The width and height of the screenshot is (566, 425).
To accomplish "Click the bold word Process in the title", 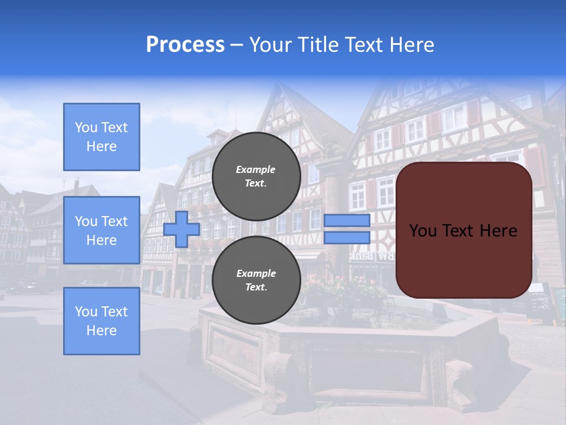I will [x=185, y=45].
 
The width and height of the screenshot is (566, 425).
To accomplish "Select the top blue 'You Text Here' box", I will [x=101, y=137].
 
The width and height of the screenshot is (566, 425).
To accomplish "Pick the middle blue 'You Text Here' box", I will [x=101, y=230].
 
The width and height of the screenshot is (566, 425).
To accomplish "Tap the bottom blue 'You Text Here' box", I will [x=101, y=321].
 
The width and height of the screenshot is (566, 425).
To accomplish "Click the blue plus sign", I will [x=181, y=229].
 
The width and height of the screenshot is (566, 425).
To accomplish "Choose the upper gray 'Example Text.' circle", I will [x=256, y=176].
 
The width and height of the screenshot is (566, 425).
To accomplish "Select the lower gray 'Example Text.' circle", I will [x=256, y=280].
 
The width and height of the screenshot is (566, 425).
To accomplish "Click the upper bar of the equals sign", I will [x=347, y=221].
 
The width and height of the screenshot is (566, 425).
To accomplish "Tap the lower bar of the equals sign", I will [x=347, y=237].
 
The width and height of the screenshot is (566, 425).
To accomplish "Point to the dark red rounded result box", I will [x=463, y=260].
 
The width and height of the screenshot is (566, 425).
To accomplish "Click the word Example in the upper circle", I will [x=256, y=169].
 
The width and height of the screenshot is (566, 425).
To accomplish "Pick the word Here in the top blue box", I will [x=101, y=146].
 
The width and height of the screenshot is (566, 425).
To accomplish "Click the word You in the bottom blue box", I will [x=86, y=311].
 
